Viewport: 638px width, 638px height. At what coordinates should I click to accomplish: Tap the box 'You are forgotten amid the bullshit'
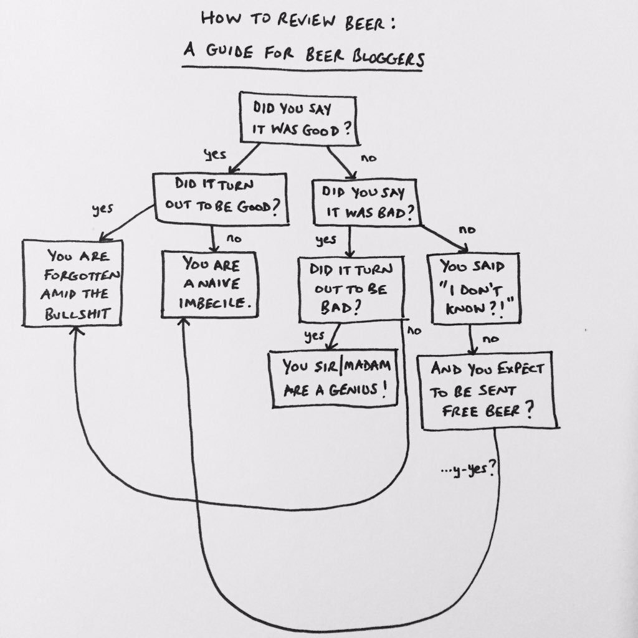72,283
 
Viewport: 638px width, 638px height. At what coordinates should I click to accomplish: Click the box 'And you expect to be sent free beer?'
489,392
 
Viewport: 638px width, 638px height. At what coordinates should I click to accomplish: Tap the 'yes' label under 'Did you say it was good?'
215,155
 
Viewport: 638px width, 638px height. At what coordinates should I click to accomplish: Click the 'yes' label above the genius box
314,336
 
